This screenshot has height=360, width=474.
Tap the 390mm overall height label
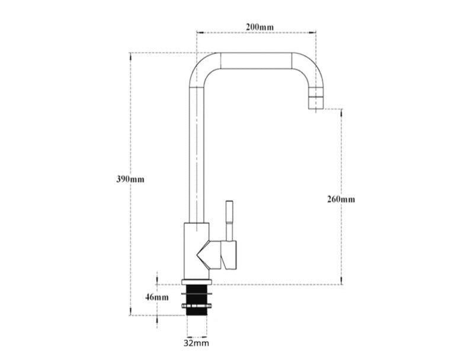coord(130,179)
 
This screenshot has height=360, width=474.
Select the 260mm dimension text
coord(341,199)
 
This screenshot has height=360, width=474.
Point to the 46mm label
coord(157,297)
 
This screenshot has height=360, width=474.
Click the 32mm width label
coord(196,343)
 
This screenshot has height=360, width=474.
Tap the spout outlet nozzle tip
coord(315,104)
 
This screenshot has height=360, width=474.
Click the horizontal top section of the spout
coord(255,62)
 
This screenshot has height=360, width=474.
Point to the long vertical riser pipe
coord(196,154)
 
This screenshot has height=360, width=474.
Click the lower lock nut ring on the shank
coord(197,306)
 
